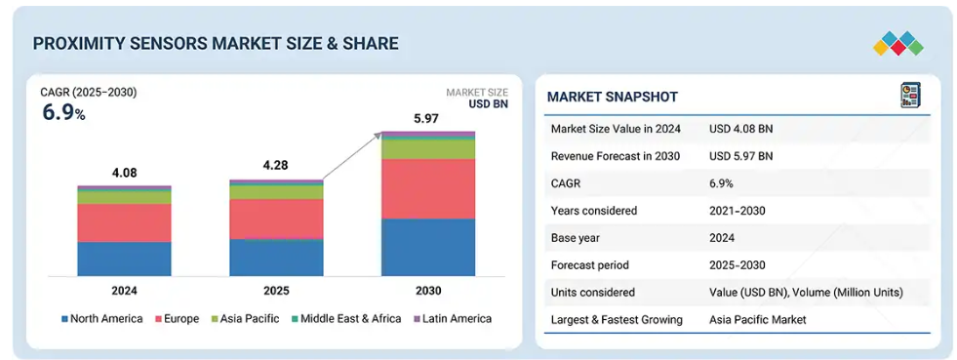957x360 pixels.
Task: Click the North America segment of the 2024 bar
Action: pos(124,259)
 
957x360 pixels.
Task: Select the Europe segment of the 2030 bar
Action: pos(428,188)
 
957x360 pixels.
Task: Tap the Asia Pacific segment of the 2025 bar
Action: pos(276,192)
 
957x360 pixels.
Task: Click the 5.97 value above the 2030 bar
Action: pos(426,118)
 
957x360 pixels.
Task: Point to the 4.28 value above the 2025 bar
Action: pos(276,165)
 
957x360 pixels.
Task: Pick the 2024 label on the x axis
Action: pos(124,291)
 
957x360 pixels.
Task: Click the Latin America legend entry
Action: pos(453,318)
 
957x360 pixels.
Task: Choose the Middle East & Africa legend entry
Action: pos(346,318)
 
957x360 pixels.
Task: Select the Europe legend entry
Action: pos(177,318)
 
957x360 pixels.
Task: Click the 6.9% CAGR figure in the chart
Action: pos(63,112)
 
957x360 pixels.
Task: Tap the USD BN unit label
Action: pos(489,103)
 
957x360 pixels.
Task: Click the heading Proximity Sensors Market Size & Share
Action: pos(216,43)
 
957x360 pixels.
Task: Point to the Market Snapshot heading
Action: pos(613,97)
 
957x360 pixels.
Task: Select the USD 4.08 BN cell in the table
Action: pos(741,129)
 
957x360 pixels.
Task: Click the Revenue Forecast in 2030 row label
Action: pos(616,156)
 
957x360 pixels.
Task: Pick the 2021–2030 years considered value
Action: pos(737,211)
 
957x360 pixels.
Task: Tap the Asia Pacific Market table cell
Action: pos(757,320)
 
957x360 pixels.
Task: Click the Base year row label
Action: pos(575,238)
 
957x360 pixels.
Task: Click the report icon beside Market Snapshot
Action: pos(910,96)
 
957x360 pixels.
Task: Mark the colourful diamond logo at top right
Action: pos(897,43)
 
